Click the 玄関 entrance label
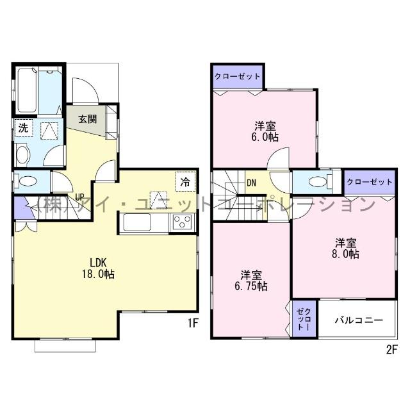88,119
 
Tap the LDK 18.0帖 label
98,268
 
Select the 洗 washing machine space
24,128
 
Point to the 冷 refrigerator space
185,181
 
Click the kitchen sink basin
136,222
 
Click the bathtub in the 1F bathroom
27,90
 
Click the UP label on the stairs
79,197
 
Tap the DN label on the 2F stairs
251,183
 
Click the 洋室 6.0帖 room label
265,131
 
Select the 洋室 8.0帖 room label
345,249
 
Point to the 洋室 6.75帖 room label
251,281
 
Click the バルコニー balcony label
359,320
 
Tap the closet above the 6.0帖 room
238,77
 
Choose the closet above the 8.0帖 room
370,182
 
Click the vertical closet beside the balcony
304,319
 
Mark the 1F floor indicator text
193,324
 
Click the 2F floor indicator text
391,350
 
